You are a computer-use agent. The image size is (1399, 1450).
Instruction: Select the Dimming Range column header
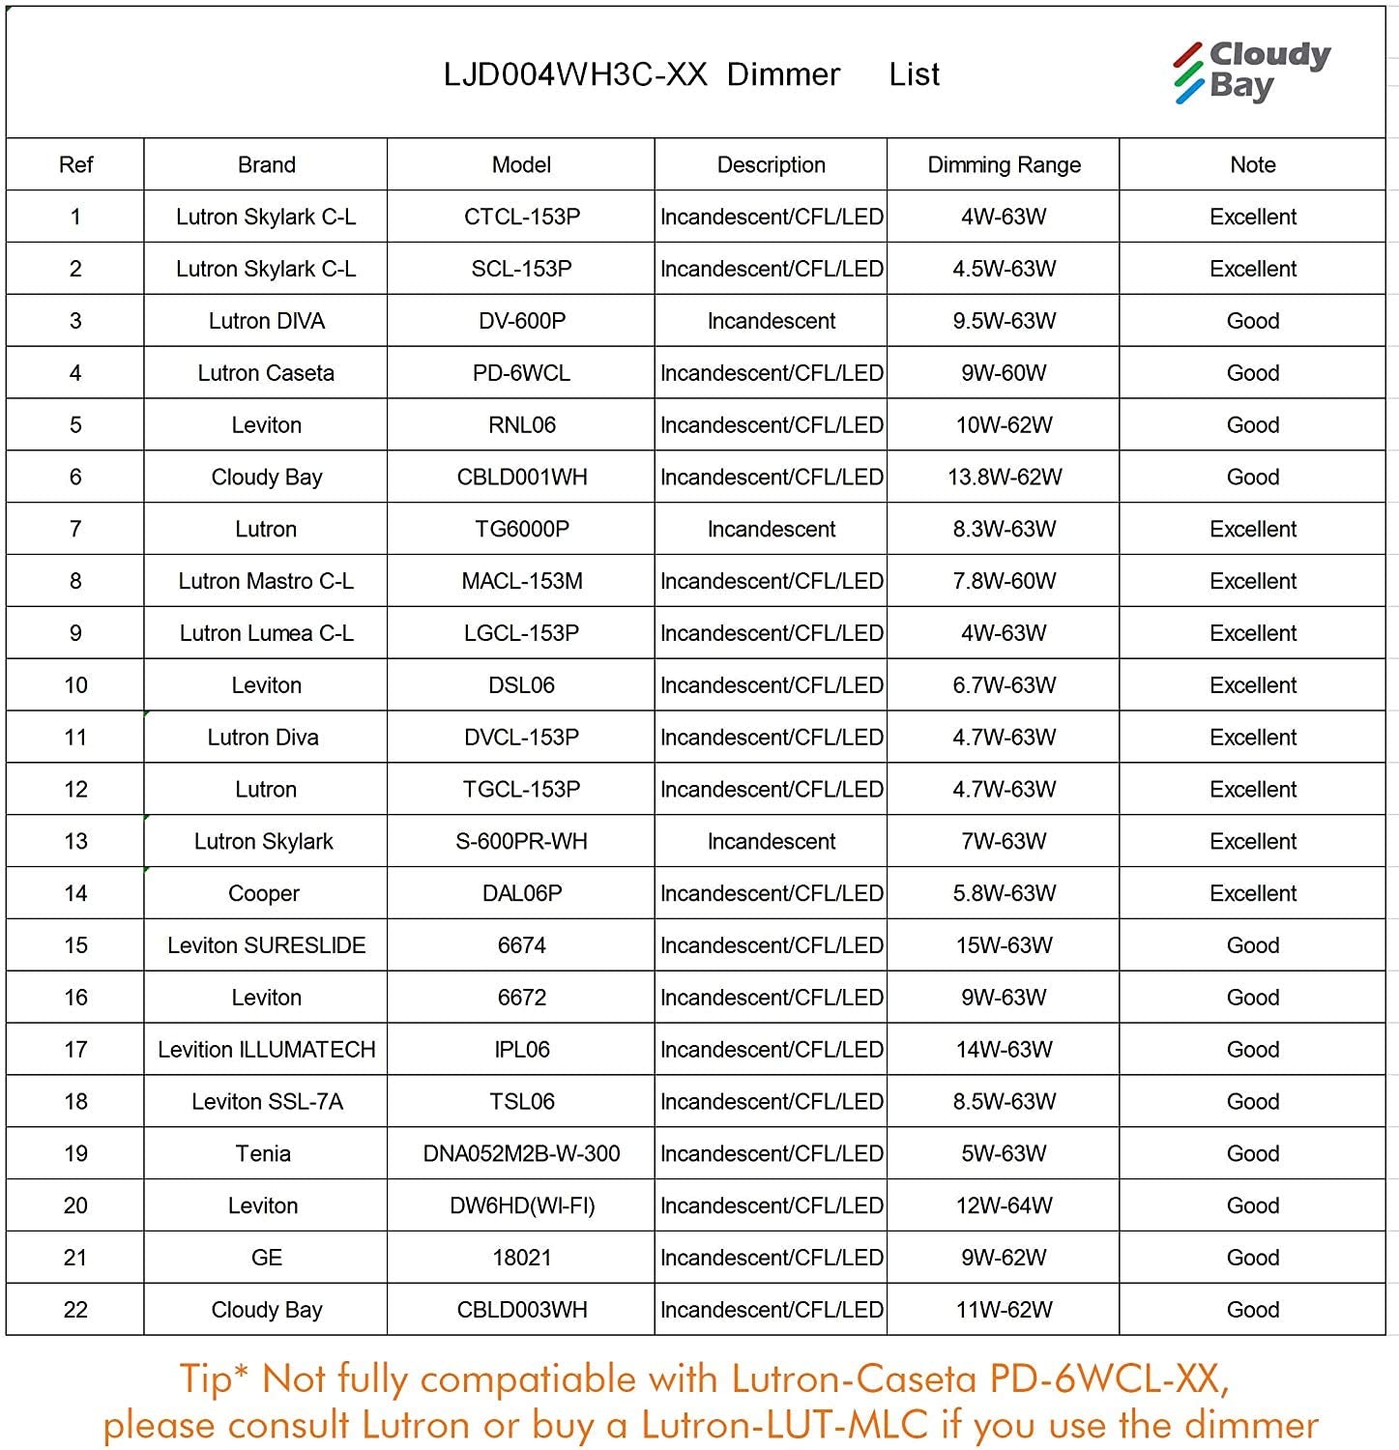(1004, 164)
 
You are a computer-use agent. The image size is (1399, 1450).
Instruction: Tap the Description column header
(771, 164)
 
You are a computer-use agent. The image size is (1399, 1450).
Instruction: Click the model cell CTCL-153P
(522, 217)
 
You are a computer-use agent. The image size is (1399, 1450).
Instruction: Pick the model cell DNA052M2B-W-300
(522, 1153)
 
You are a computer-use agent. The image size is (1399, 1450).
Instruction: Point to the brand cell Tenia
(263, 1153)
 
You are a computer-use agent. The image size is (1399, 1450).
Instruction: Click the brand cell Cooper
(264, 893)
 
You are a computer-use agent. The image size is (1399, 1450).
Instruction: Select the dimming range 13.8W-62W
(1004, 477)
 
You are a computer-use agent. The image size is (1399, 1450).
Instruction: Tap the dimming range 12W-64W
(1004, 1205)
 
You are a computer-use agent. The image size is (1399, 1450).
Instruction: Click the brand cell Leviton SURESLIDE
(266, 945)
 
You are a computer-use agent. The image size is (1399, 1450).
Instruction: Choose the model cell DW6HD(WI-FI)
(522, 1205)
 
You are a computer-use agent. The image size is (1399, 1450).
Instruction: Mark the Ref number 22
(75, 1310)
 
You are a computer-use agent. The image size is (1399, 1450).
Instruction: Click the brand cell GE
(266, 1258)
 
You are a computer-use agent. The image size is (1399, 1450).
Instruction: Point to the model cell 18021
(522, 1258)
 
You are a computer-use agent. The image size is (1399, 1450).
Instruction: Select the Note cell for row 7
(1252, 529)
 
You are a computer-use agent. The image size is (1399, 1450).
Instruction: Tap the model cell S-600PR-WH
(522, 841)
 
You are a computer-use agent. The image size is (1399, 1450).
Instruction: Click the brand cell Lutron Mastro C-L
(266, 581)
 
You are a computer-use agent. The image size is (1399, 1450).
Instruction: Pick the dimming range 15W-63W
(1004, 945)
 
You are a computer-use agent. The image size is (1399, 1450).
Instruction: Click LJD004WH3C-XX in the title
(575, 74)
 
